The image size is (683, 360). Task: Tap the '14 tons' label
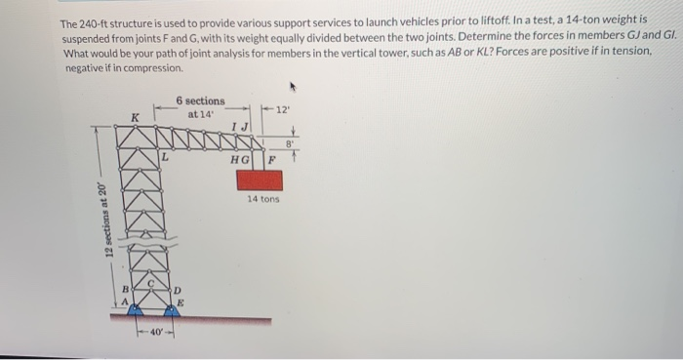[x=263, y=199]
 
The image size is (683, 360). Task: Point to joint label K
[x=136, y=118]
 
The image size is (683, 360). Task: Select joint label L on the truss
[x=166, y=154]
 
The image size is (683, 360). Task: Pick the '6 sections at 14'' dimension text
[x=200, y=107]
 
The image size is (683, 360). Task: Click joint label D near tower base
[x=178, y=292]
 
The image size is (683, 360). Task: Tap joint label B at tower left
[x=124, y=290]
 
